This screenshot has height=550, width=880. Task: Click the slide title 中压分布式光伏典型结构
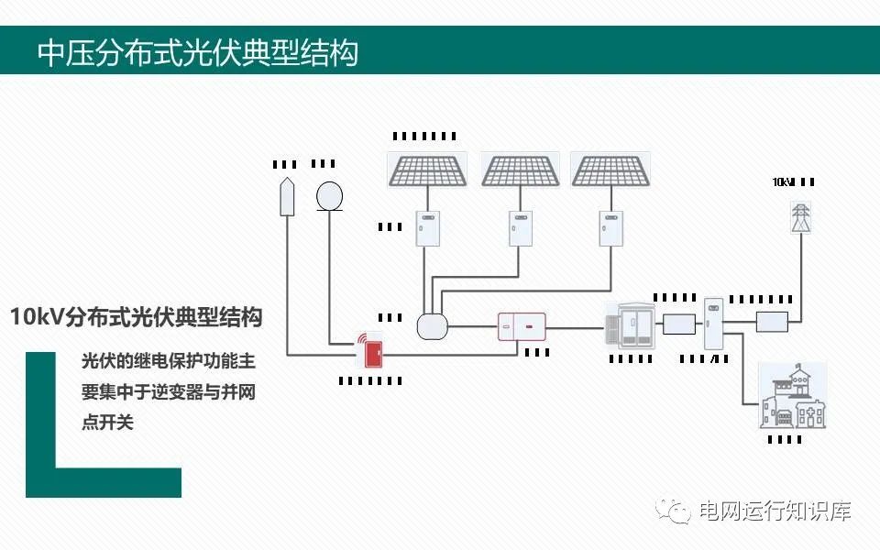[197, 52]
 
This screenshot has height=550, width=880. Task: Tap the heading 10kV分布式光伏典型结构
[137, 318]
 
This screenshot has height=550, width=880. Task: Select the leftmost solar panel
[427, 170]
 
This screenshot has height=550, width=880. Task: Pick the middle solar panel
[521, 170]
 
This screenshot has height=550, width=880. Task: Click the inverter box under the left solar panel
[428, 228]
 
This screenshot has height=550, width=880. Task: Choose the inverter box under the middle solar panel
[521, 228]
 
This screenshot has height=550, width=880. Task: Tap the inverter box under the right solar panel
[610, 228]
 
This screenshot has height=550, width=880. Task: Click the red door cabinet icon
[369, 349]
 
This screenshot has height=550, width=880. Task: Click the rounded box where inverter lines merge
[431, 326]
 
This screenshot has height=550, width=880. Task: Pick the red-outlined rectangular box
[521, 326]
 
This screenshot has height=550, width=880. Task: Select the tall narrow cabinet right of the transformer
[713, 322]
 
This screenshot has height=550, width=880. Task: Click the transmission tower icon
[801, 216]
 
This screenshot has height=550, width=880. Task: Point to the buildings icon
[792, 396]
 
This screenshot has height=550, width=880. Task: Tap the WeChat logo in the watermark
[679, 510]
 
